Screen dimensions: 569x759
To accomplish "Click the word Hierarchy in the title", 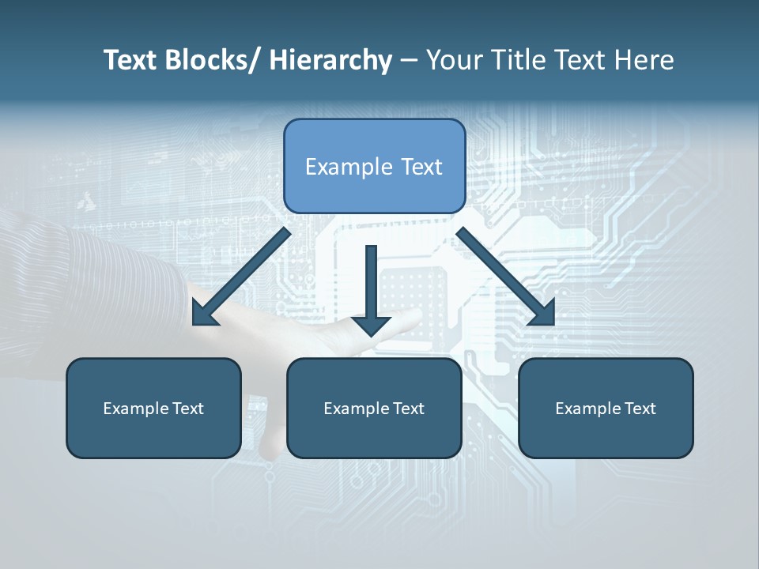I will [330, 60].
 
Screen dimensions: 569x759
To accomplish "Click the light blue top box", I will [374, 166].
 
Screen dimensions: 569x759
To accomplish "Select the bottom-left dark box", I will [153, 408].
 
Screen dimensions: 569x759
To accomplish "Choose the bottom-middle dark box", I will [374, 408].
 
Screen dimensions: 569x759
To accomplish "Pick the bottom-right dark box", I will [606, 408].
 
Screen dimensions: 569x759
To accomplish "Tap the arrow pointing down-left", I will [240, 277].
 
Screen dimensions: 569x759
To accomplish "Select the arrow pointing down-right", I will [506, 277].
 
